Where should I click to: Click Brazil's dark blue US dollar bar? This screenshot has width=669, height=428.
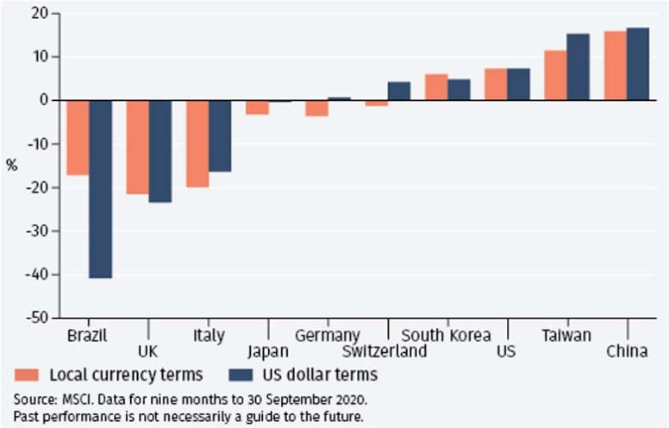click(100, 189)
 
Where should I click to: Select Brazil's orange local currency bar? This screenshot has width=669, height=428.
click(78, 137)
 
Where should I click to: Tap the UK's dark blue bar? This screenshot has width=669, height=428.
click(159, 151)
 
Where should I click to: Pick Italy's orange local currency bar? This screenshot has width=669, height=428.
click(197, 143)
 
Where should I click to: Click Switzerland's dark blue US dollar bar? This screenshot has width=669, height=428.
click(399, 91)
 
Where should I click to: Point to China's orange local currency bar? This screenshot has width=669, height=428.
click(615, 66)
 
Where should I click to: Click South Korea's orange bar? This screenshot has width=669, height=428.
click(436, 87)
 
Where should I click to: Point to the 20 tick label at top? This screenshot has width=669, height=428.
click(38, 14)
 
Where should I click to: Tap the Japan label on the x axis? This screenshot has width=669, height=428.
click(268, 351)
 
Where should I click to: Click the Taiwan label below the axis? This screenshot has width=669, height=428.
click(566, 335)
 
